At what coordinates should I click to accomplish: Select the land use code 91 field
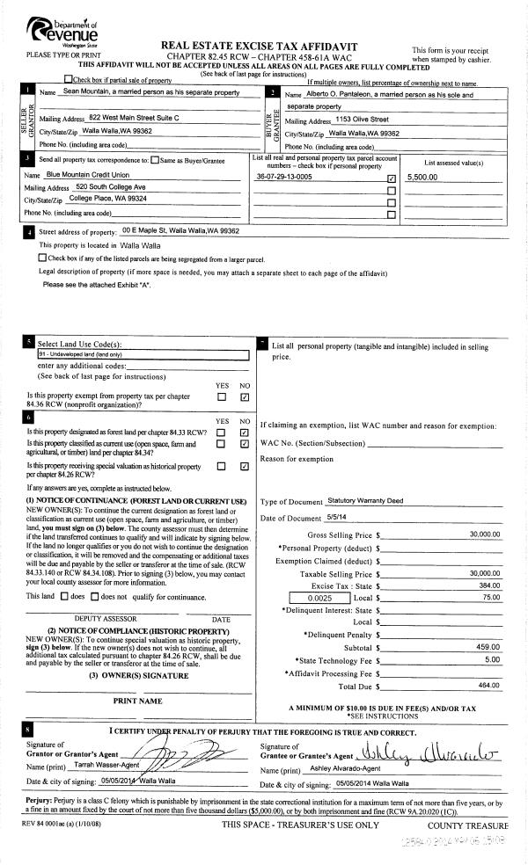click(x=143, y=353)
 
